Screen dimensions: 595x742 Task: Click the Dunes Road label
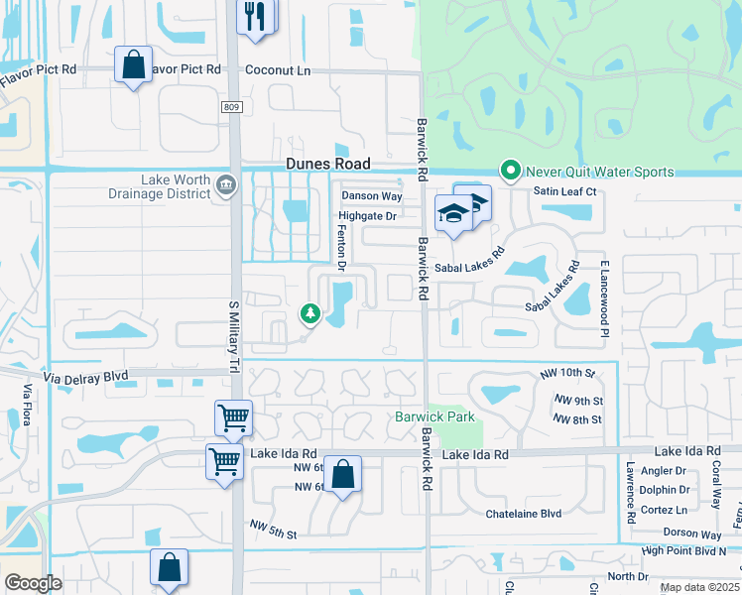(327, 164)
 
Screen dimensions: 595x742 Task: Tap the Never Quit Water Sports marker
(511, 172)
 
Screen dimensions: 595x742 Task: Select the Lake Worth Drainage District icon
(225, 184)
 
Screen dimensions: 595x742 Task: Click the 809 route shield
(232, 105)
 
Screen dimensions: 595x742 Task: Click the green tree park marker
(309, 314)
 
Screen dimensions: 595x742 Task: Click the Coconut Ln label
(278, 70)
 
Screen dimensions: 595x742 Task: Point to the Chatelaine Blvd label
(523, 513)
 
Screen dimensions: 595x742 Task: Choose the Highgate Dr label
(367, 215)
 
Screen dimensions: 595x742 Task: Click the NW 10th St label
(567, 373)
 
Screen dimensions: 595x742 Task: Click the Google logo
(34, 582)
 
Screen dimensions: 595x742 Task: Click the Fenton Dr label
(339, 247)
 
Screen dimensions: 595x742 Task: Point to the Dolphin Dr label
(666, 489)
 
